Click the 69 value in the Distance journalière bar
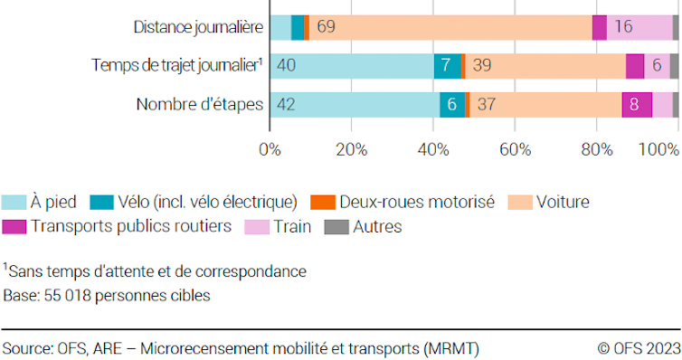coord(326,27)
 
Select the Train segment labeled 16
coord(623,27)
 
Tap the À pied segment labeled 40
coord(287,66)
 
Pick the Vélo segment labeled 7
coord(446,66)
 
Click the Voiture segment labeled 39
coord(483,66)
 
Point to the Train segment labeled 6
coord(657,66)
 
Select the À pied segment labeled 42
coord(287,105)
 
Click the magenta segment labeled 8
coord(637,105)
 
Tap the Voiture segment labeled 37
coord(486,105)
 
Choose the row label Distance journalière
coord(196,27)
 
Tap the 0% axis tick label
coord(270,149)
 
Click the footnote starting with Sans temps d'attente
coord(155,270)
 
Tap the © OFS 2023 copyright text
coord(637,347)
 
